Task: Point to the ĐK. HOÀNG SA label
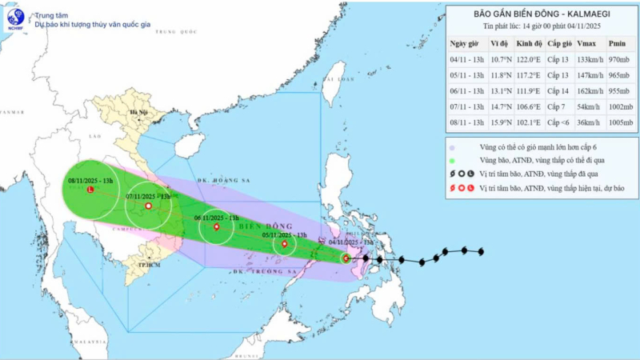tap(214, 182)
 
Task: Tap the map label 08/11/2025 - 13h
tap(91, 181)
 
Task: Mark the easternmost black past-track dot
tap(481, 253)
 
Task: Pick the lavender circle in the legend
tap(453, 148)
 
